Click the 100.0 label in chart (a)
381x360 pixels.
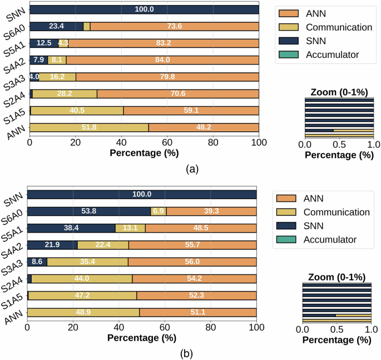click(x=144, y=9)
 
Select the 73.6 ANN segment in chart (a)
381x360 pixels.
click(x=175, y=26)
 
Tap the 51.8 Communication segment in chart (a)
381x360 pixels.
click(x=89, y=127)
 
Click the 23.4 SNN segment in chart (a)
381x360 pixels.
click(x=56, y=26)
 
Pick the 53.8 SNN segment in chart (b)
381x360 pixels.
click(x=89, y=211)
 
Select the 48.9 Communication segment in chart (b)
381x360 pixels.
click(x=83, y=313)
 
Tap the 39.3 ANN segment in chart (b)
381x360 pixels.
click(x=211, y=211)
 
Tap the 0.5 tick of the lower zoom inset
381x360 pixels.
click(x=337, y=329)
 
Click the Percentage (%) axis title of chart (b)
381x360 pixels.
click(x=141, y=337)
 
